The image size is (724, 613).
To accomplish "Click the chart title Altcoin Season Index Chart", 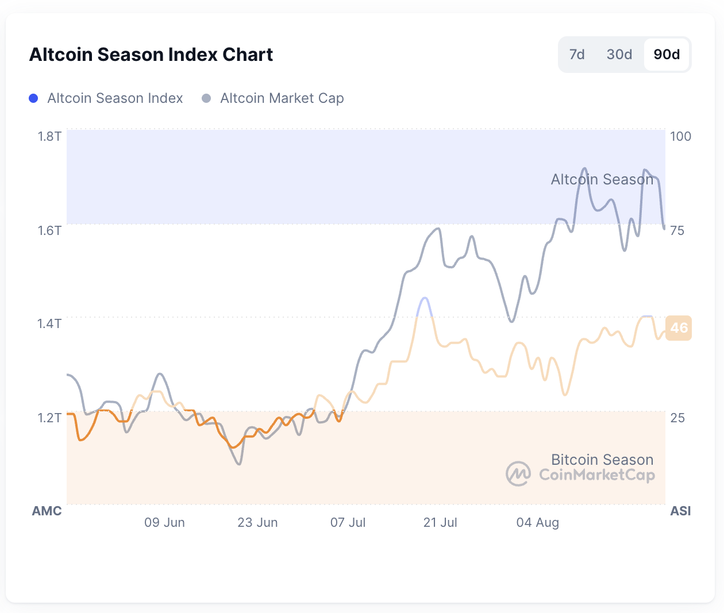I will pos(151,55).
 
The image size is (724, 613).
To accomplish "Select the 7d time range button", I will pos(577,55).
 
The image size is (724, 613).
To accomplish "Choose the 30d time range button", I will pos(619,55).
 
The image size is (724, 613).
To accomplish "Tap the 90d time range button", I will pos(667,55).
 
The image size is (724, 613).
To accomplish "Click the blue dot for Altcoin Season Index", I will pos(33,98).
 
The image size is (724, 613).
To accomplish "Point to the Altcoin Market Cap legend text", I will pos(282,98).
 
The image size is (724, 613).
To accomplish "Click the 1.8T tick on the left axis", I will pos(49,136).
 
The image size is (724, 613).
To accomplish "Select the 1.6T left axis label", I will pos(49,230).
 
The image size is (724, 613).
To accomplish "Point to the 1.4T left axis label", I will pos(49,323).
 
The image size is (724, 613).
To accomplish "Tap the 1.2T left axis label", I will pos(49,418).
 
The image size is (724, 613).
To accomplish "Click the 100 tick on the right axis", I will pos(680,136).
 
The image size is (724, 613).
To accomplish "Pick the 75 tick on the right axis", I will pos(677,230).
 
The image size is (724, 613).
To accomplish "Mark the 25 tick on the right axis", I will pos(677,418).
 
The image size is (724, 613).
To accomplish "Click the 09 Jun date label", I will pos(164,522).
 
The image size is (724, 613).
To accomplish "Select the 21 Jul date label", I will pos(440,522).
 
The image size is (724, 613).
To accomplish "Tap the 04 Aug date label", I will pos(537,522).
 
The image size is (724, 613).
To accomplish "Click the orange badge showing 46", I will pos(679,328).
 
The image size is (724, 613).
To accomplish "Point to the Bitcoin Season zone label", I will pos(602,460).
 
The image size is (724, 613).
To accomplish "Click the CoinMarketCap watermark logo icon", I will pos(518,474).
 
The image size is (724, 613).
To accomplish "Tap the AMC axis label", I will pos(47,511).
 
